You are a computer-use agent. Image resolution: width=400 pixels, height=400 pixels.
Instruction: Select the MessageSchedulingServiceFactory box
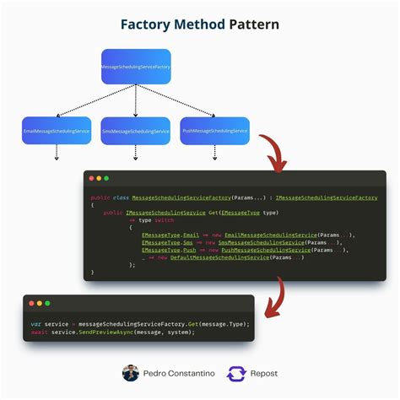click(135, 67)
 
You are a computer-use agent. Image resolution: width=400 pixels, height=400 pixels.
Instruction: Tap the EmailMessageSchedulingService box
click(57, 131)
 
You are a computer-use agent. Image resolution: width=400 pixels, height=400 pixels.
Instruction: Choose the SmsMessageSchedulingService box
click(135, 131)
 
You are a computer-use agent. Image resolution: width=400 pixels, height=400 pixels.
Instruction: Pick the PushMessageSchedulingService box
click(214, 131)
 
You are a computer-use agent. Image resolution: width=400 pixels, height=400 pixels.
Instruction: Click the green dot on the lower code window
click(47, 303)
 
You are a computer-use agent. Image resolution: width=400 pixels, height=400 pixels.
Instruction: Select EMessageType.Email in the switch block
click(170, 235)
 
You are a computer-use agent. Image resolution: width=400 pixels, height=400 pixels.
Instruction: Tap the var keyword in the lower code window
click(36, 323)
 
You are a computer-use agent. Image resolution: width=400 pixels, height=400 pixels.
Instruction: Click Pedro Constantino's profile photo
click(131, 373)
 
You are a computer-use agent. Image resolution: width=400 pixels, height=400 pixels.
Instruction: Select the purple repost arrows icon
click(237, 373)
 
